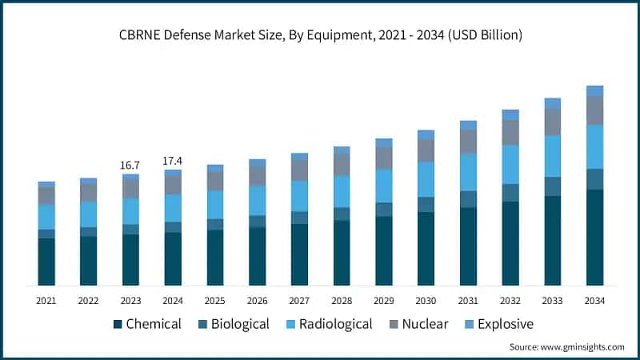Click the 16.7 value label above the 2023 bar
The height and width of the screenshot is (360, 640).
click(130, 165)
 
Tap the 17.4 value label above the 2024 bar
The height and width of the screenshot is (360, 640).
click(173, 161)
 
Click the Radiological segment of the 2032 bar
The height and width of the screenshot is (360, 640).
click(510, 164)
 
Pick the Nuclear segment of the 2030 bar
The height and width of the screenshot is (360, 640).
click(426, 150)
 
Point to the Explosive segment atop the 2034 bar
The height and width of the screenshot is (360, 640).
click(594, 90)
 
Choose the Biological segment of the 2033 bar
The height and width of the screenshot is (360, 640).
click(553, 186)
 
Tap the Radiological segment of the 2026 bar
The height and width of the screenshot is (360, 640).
click(257, 200)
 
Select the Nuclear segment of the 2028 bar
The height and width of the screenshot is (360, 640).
click(342, 164)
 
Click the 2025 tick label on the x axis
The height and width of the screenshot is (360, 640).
click(214, 300)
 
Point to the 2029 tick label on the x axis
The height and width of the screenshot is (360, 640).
click(383, 300)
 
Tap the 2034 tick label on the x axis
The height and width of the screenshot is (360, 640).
click(594, 300)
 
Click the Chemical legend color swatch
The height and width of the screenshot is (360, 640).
click(118, 324)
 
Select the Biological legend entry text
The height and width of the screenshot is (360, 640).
click(239, 324)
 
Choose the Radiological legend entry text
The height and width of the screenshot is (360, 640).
click(335, 324)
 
